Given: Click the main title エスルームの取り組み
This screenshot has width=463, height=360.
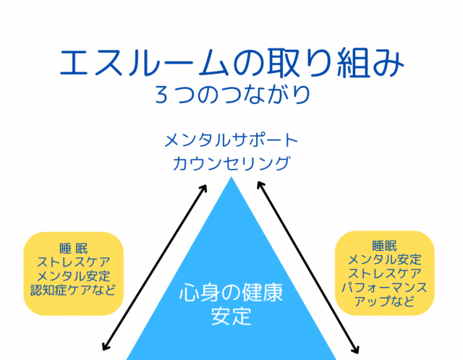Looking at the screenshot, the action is click(231, 63).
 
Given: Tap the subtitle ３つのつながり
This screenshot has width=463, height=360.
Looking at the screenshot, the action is click(232, 95).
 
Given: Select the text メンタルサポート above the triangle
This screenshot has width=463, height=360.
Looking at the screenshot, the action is click(231, 140).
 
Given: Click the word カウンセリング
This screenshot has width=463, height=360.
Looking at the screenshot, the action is click(231, 164).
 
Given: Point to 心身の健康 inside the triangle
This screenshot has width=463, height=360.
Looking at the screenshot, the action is click(231, 293).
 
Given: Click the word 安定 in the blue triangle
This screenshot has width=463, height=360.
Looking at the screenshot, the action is click(231, 316).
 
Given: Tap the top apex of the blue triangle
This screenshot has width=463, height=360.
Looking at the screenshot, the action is click(231, 177).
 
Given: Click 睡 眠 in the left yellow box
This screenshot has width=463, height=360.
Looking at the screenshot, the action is click(74, 249).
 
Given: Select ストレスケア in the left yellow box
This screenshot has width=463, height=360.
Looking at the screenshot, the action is click(74, 262).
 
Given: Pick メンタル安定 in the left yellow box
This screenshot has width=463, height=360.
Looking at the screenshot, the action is click(74, 276).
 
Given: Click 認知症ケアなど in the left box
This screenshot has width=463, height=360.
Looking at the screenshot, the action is click(73, 291).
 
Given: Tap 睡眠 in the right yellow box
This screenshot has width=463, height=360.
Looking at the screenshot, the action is click(384, 246).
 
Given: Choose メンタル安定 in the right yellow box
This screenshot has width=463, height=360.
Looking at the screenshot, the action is click(384, 260).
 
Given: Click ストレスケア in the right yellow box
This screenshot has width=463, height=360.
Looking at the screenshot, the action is click(384, 273).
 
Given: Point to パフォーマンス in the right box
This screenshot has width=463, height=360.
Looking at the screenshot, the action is click(384, 288).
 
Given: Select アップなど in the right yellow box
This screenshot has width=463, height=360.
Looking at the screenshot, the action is click(384, 301).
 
